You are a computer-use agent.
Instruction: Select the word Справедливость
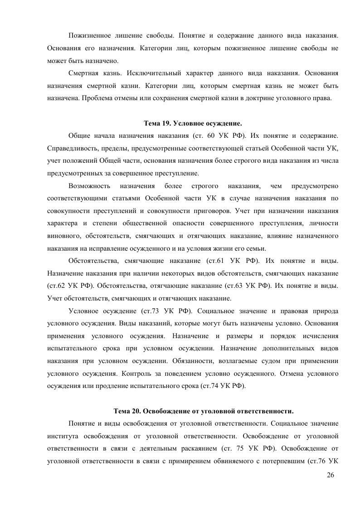click(70, 148)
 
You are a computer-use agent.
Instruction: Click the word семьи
click(257, 248)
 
